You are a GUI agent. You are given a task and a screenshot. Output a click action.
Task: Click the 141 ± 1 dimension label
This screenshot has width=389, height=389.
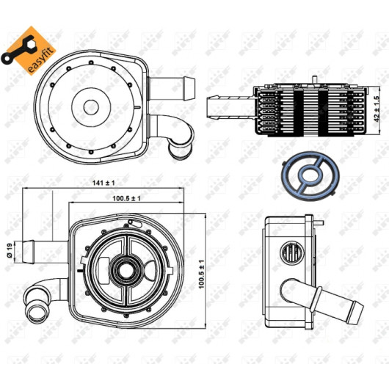(x=103, y=183)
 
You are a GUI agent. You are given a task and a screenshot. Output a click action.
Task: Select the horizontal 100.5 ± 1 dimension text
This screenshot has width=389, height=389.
(x=126, y=198)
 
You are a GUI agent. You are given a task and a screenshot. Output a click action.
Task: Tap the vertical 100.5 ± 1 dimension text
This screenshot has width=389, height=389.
(x=201, y=275)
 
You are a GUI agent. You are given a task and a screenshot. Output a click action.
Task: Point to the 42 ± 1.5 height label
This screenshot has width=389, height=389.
(x=377, y=109)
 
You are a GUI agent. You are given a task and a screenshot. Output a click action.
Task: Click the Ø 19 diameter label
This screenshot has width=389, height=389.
(x=10, y=250)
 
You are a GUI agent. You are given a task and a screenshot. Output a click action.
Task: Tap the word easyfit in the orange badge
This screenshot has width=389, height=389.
(x=41, y=60)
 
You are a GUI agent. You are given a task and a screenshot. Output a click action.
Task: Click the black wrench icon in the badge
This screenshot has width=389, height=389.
(x=18, y=50)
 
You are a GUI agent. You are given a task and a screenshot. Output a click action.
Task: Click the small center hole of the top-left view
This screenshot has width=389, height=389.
(x=91, y=107)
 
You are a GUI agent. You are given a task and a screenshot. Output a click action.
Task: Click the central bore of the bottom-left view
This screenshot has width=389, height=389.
(x=126, y=271)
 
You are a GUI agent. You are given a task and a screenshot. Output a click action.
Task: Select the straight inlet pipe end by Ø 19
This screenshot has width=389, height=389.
(x=28, y=252)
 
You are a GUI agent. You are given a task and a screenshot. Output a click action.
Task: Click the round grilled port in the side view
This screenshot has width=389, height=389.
(x=292, y=253)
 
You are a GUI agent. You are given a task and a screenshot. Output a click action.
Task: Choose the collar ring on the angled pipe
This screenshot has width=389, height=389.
(x=316, y=299)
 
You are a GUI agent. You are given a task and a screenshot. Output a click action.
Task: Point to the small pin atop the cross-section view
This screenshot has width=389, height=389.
(x=314, y=80)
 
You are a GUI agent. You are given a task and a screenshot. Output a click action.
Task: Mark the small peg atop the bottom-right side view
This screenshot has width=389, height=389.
(x=319, y=222)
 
